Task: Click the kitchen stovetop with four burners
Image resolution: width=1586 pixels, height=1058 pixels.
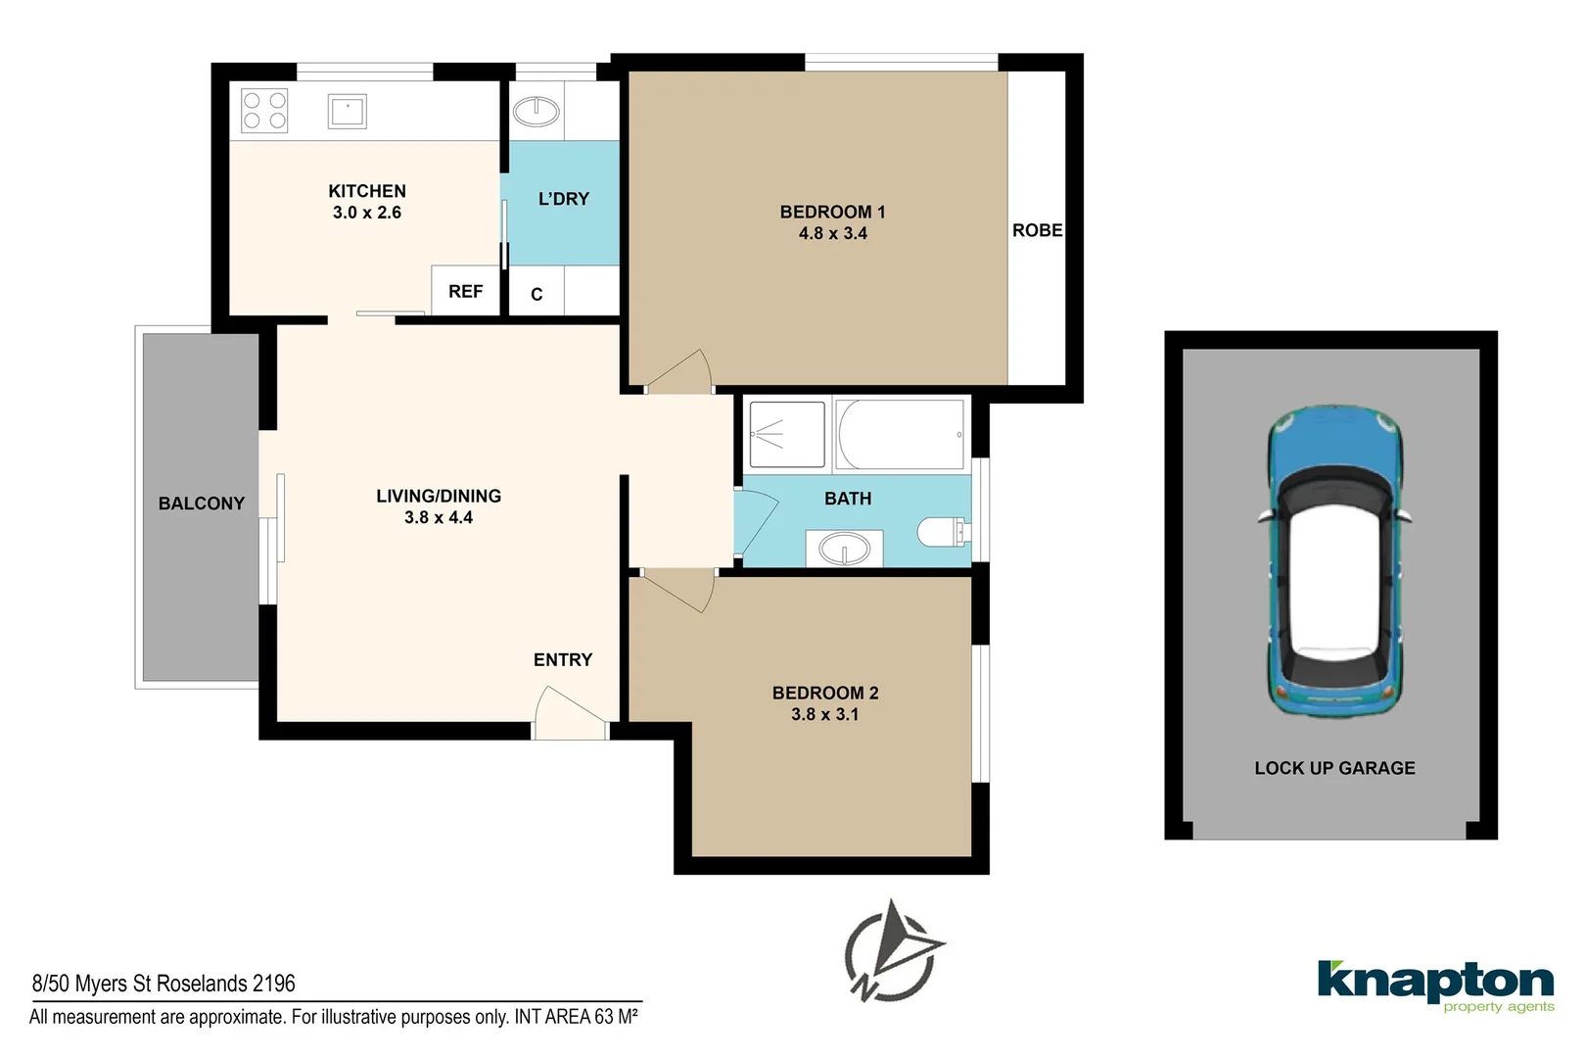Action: (264, 111)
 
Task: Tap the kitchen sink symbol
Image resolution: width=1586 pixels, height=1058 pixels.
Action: (347, 112)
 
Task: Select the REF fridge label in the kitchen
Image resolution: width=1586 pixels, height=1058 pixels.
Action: (465, 291)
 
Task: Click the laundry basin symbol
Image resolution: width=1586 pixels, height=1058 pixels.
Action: (536, 112)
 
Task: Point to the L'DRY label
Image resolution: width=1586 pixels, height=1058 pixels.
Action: (564, 199)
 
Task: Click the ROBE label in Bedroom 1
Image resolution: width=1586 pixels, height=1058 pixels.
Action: (1038, 230)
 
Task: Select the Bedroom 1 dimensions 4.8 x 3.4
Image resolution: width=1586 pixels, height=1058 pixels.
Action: (832, 233)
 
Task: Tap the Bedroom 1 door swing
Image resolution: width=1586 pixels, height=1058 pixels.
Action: (678, 370)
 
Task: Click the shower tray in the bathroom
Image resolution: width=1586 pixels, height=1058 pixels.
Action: (786, 434)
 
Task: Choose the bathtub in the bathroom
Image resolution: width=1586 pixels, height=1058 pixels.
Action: (899, 434)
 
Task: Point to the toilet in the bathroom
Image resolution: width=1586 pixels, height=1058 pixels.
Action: (943, 532)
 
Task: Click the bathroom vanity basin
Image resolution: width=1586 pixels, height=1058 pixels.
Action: (844, 549)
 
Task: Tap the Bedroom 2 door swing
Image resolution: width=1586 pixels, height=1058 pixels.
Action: (678, 591)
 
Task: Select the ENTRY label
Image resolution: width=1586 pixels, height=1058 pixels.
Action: (563, 659)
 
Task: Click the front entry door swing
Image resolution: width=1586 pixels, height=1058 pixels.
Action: (570, 713)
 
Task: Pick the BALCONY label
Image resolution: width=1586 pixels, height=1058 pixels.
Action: (201, 504)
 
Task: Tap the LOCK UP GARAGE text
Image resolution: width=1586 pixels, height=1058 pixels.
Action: (1334, 767)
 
